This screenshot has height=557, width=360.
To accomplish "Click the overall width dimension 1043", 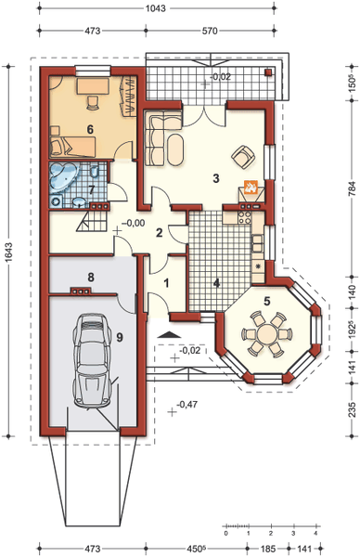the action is pos(156,7).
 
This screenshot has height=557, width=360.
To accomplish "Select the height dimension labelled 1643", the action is pos(8,252).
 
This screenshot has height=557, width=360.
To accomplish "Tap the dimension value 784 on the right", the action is pos(352,188).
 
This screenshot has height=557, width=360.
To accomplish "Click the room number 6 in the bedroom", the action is pos(90,129).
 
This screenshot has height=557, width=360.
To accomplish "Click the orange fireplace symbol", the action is pos(251,187).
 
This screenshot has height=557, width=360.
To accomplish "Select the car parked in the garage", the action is pos(92,360).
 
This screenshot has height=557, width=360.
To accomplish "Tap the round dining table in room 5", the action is pos(266,334).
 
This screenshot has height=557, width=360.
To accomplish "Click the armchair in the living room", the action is pos(243,156).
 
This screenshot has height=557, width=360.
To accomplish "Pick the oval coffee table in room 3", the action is pos(175,149).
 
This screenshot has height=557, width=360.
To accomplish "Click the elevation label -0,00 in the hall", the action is pos(133,223).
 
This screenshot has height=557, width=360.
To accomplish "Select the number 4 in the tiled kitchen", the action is pos(216,283).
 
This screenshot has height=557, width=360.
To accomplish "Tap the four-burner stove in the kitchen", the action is pos(245,217).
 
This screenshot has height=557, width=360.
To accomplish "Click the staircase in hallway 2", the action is pos(92,221).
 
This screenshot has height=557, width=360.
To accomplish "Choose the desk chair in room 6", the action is pos(93,102).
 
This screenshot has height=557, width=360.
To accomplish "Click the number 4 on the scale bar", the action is pos(315,534).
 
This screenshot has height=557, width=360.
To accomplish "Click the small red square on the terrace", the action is pos(269,72).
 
